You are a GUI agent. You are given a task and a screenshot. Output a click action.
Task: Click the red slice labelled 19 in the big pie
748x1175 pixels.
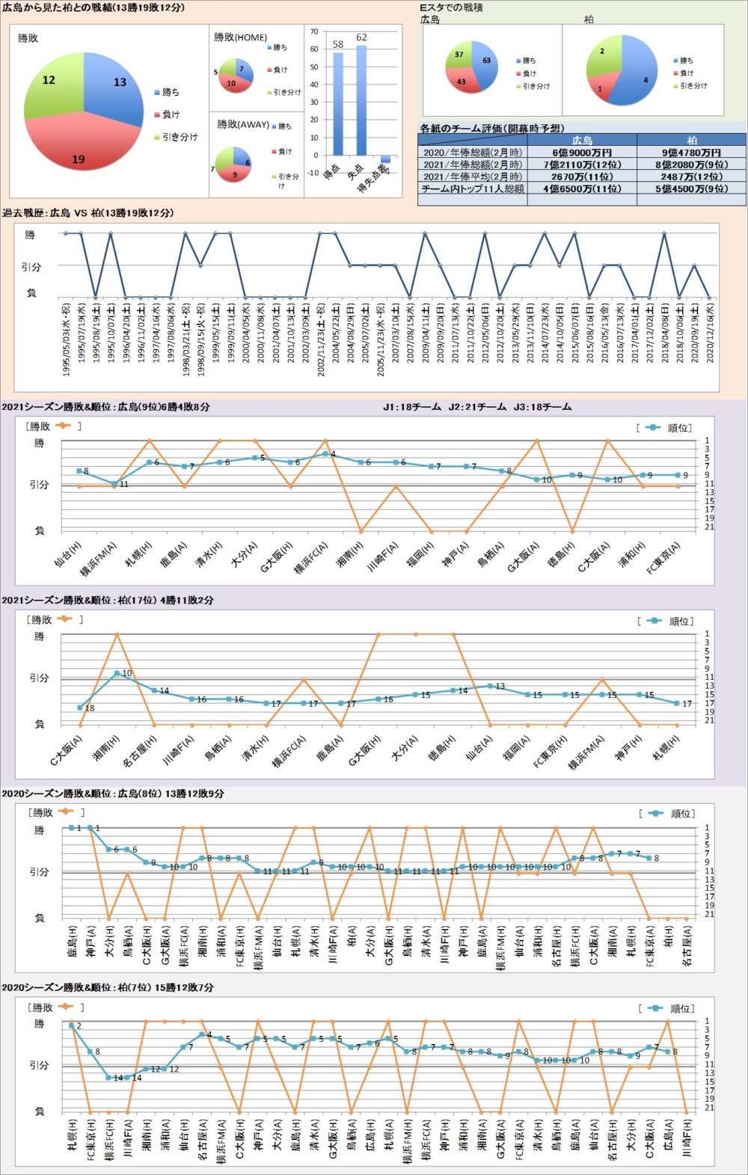click(x=79, y=150)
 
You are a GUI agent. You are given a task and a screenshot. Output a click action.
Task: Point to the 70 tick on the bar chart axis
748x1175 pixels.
click(x=314, y=31)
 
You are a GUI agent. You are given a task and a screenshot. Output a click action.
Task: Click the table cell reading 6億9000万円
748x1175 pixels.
click(x=582, y=153)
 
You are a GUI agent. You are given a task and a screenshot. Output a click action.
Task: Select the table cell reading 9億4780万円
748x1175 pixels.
click(x=691, y=153)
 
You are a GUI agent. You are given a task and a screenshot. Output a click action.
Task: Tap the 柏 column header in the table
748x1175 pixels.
click(x=691, y=140)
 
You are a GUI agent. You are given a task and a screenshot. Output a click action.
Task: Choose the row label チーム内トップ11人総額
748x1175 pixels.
click(x=472, y=189)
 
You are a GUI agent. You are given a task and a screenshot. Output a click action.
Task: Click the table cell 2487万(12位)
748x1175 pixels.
click(x=691, y=177)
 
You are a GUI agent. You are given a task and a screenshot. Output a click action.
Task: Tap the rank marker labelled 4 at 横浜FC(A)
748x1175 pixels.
click(x=325, y=454)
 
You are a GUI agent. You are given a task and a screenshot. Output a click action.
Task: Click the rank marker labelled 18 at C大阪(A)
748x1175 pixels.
click(x=80, y=708)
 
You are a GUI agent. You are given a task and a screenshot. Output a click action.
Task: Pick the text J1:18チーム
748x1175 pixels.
click(x=412, y=408)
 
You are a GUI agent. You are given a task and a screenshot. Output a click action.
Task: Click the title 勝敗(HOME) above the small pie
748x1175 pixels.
click(x=240, y=37)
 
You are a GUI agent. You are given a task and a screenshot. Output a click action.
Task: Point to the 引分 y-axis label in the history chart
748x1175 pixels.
click(x=31, y=267)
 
